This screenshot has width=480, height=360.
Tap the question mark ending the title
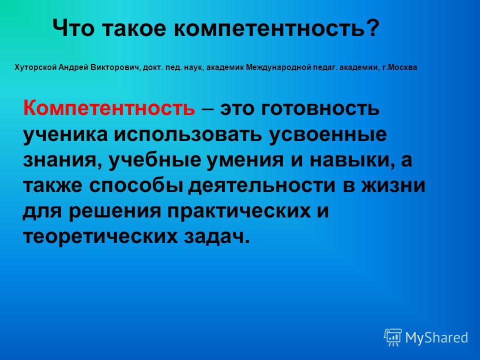pyautogui.click(x=372, y=27)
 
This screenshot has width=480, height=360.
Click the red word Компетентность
pyautogui.click(x=108, y=108)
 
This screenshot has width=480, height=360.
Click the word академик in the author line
pyautogui.click(x=225, y=67)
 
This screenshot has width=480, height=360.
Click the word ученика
pyautogui.click(x=65, y=134)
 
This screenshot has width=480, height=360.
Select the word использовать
pyautogui.click(x=188, y=134)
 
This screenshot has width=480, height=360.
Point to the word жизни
pyautogui.click(x=393, y=186)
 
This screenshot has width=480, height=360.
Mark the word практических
pyautogui.click(x=238, y=211)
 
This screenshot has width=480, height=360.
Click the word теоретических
pyautogui.click(x=100, y=237)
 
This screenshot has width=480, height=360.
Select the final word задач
pyautogui.click(x=216, y=236)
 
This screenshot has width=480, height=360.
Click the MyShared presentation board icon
pyautogui.click(x=393, y=337)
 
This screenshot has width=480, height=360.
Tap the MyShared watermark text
pyautogui.click(x=437, y=338)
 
